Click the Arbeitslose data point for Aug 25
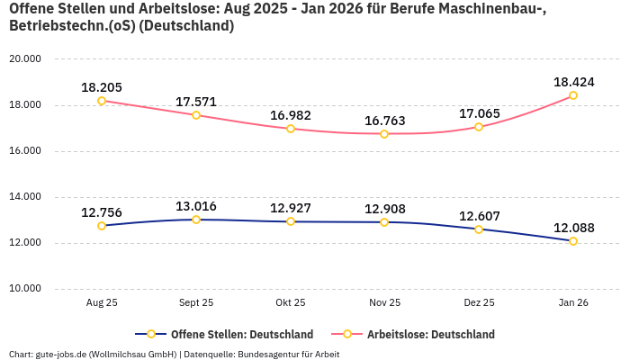coord(102,101)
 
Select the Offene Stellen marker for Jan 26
coord(573,241)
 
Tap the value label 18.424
coord(573,82)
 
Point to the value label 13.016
coord(196,206)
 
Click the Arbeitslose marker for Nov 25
coord(384,134)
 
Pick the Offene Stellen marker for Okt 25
coord(291,221)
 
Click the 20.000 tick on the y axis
coord(25,59)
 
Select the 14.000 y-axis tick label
coord(25,197)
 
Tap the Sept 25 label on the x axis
coord(196,303)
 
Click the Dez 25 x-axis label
coord(479,303)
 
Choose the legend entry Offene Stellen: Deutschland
coord(230,334)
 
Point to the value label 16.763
coord(384,121)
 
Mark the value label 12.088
coord(573,228)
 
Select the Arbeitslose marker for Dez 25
coord(479,127)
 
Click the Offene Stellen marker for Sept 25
coord(196,220)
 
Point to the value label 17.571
coord(196,102)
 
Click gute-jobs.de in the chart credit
coord(59,354)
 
